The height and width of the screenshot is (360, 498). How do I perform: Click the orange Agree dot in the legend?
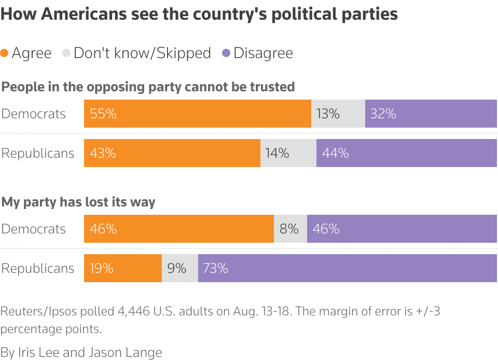5,53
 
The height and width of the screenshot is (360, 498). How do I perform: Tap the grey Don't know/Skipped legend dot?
66,53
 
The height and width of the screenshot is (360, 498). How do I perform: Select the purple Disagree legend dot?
226,53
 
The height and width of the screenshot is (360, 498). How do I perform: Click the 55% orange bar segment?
197,114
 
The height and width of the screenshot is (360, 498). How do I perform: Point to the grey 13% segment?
338,114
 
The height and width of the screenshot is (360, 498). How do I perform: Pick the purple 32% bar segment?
431,114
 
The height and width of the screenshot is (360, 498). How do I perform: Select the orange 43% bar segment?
172,153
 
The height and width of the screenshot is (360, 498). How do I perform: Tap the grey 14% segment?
288,153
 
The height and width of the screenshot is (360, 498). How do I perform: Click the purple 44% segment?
406,153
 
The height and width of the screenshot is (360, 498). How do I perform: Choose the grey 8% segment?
290,229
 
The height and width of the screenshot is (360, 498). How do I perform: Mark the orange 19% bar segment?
122,268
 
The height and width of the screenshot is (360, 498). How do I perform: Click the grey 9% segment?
179,268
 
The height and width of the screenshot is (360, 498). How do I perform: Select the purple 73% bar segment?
347,268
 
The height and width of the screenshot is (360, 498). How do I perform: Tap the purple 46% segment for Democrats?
402,229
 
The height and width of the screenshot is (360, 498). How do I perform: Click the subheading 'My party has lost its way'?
78,202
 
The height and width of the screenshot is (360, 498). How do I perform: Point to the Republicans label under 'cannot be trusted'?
38,153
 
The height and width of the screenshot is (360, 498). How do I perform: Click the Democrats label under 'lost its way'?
34,229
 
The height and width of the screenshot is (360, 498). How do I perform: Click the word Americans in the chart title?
81,13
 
